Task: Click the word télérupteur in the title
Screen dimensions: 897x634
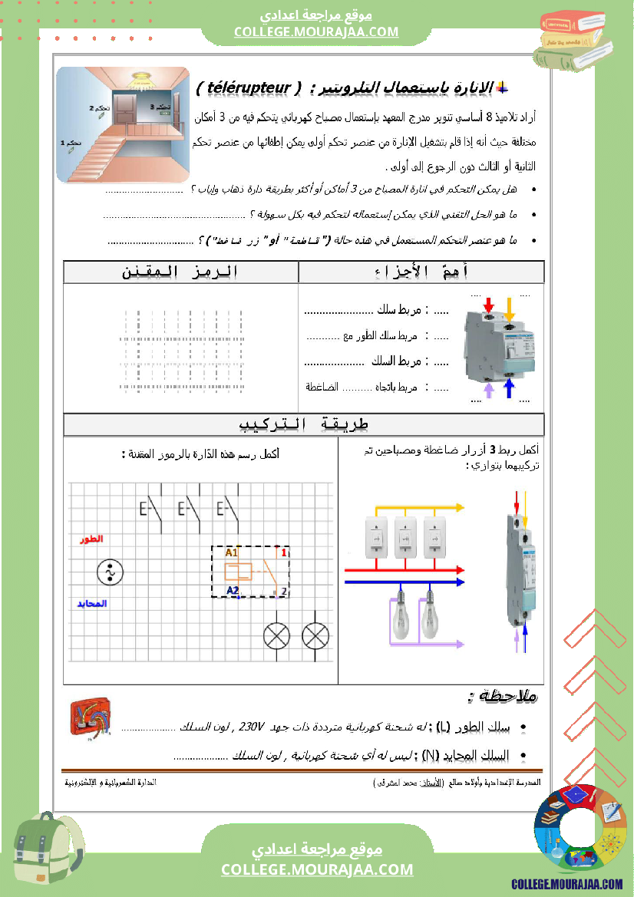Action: [249, 87]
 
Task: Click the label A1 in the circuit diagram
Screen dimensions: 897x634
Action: [232, 552]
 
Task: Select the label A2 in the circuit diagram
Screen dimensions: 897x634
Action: [233, 589]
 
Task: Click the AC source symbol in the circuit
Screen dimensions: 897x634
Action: [110, 572]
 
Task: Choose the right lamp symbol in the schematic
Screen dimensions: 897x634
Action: [315, 635]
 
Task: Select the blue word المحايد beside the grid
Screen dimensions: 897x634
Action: [91, 603]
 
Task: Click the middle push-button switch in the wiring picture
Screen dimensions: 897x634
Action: [405, 538]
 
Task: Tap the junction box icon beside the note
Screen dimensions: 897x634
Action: [88, 721]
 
